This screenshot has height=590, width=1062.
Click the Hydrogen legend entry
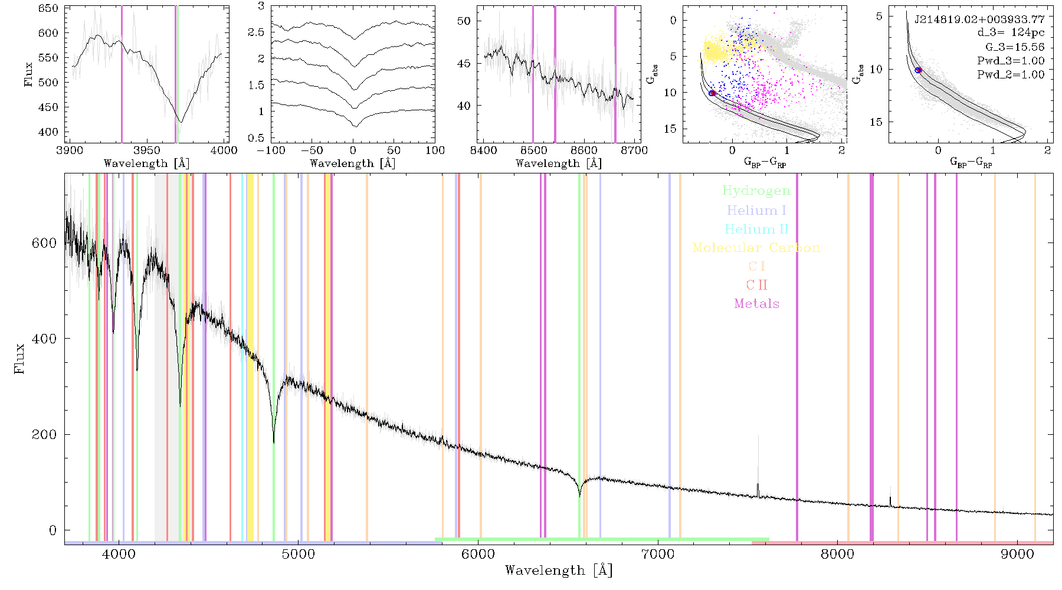756,191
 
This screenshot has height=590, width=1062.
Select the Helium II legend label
756,229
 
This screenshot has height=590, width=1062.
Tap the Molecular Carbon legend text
756,248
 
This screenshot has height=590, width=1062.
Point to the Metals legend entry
756,304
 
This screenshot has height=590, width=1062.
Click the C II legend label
756,285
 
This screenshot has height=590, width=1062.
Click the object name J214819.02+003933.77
979,19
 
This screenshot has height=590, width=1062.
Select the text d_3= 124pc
1011,33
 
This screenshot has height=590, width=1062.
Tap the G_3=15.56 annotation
1015,47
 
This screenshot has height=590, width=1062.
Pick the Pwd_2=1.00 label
1011,75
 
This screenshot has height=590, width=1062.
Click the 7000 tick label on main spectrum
658,555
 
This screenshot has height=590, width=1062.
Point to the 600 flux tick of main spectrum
44,243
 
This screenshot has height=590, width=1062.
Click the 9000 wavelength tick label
1017,555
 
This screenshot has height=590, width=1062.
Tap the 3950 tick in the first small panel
147,150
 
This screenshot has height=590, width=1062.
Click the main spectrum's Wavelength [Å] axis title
559,571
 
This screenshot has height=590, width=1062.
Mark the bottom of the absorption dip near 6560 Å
579,496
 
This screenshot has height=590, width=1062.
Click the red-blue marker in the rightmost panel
918,70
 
